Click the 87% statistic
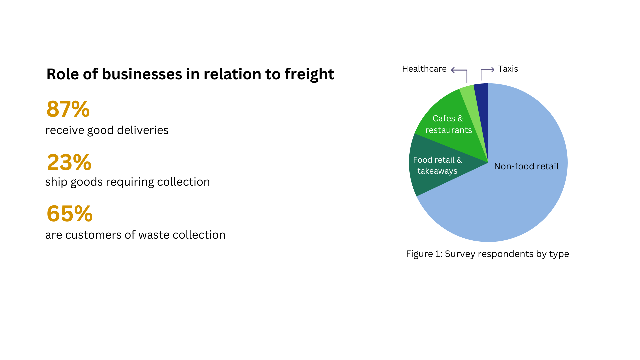(68, 109)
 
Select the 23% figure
(69, 162)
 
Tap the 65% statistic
(70, 213)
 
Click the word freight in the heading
(309, 75)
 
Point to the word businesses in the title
(142, 74)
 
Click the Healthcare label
(424, 69)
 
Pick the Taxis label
(508, 69)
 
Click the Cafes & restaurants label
(448, 124)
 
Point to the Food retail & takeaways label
(437, 165)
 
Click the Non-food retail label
(526, 166)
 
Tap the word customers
(93, 235)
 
